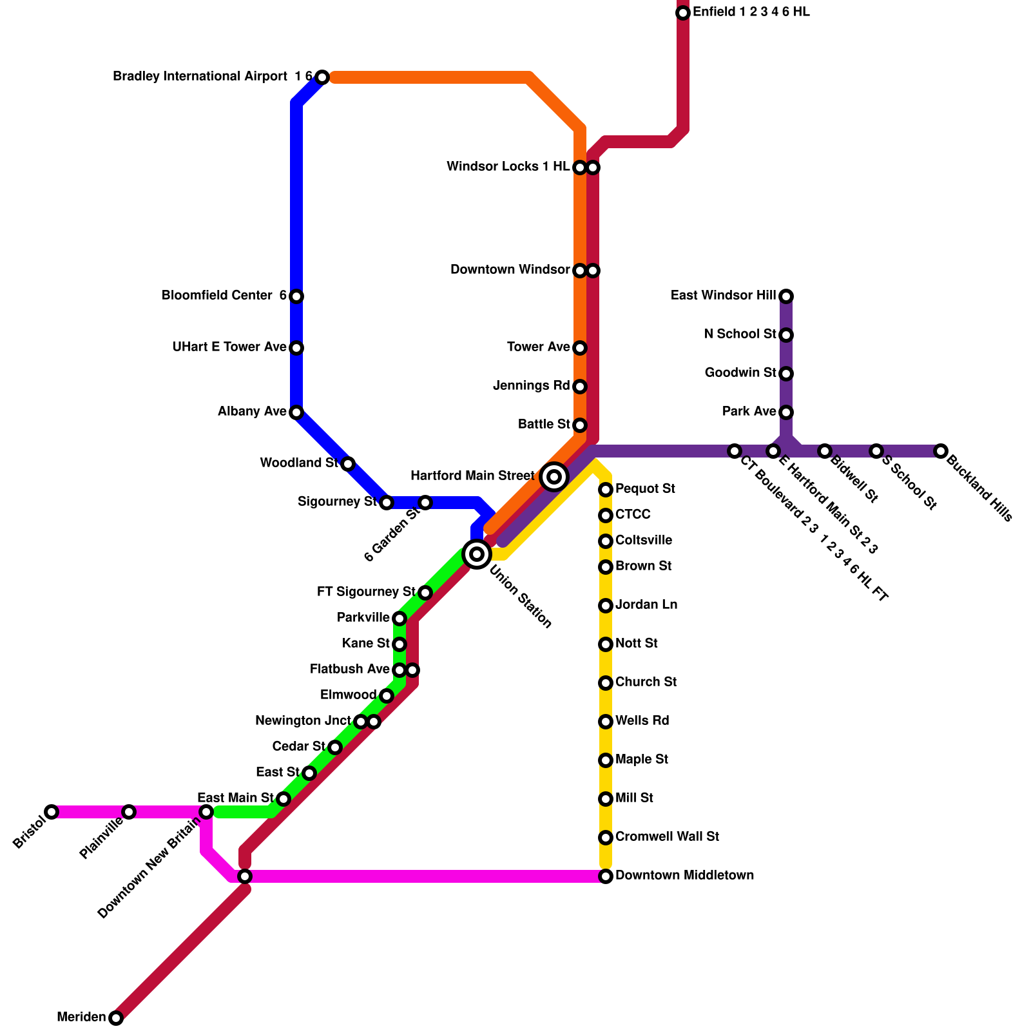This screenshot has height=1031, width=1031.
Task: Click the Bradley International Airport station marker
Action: click(x=322, y=77)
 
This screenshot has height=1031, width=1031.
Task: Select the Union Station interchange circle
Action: click(x=477, y=554)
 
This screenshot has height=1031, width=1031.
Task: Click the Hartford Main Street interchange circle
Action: click(x=554, y=477)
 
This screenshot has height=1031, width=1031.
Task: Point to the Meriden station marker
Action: click(x=116, y=1018)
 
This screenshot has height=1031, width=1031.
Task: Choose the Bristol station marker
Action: click(x=52, y=812)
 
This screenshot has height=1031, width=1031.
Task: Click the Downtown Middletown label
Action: click(x=684, y=876)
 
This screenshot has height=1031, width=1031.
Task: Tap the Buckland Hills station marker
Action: click(x=941, y=451)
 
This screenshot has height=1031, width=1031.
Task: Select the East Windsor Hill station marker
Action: click(x=786, y=296)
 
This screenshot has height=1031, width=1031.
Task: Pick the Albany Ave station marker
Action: click(x=296, y=412)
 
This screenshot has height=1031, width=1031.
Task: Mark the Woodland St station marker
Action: click(x=348, y=464)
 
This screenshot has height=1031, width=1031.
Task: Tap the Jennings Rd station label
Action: click(x=532, y=386)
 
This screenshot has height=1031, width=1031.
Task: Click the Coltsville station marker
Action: click(x=606, y=541)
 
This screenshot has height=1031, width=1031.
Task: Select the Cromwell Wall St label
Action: click(x=667, y=837)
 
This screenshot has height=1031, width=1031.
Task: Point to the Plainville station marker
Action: click(x=129, y=812)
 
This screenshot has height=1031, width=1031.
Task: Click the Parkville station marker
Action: click(x=400, y=619)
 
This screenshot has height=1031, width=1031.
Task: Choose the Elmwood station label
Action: click(x=348, y=695)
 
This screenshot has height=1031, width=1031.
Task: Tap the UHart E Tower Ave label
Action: click(x=229, y=347)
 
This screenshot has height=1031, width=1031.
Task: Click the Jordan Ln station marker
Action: click(x=606, y=606)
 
